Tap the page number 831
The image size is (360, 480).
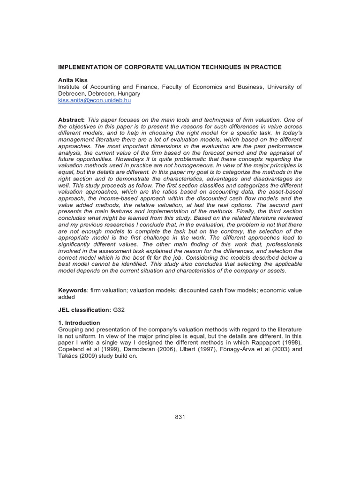180,417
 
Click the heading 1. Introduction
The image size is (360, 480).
79,323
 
